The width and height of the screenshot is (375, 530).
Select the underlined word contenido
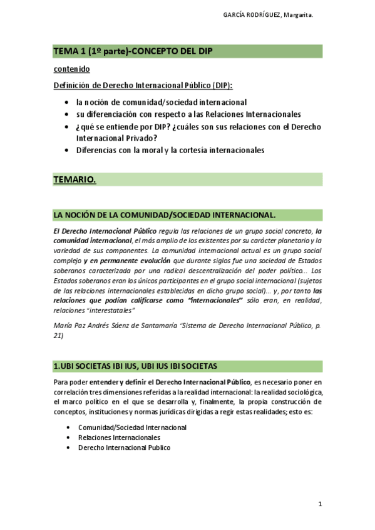pyautogui.click(x=72, y=69)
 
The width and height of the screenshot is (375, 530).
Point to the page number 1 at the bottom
pyautogui.click(x=319, y=504)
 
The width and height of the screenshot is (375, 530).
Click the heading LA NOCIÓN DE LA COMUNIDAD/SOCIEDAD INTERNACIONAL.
pyautogui.click(x=164, y=215)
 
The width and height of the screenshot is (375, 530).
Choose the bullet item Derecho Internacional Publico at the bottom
pyautogui.click(x=124, y=447)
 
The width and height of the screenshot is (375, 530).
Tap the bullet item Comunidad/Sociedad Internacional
pyautogui.click(x=131, y=427)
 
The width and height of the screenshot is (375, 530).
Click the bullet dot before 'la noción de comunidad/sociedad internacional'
pyautogui.click(x=67, y=102)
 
